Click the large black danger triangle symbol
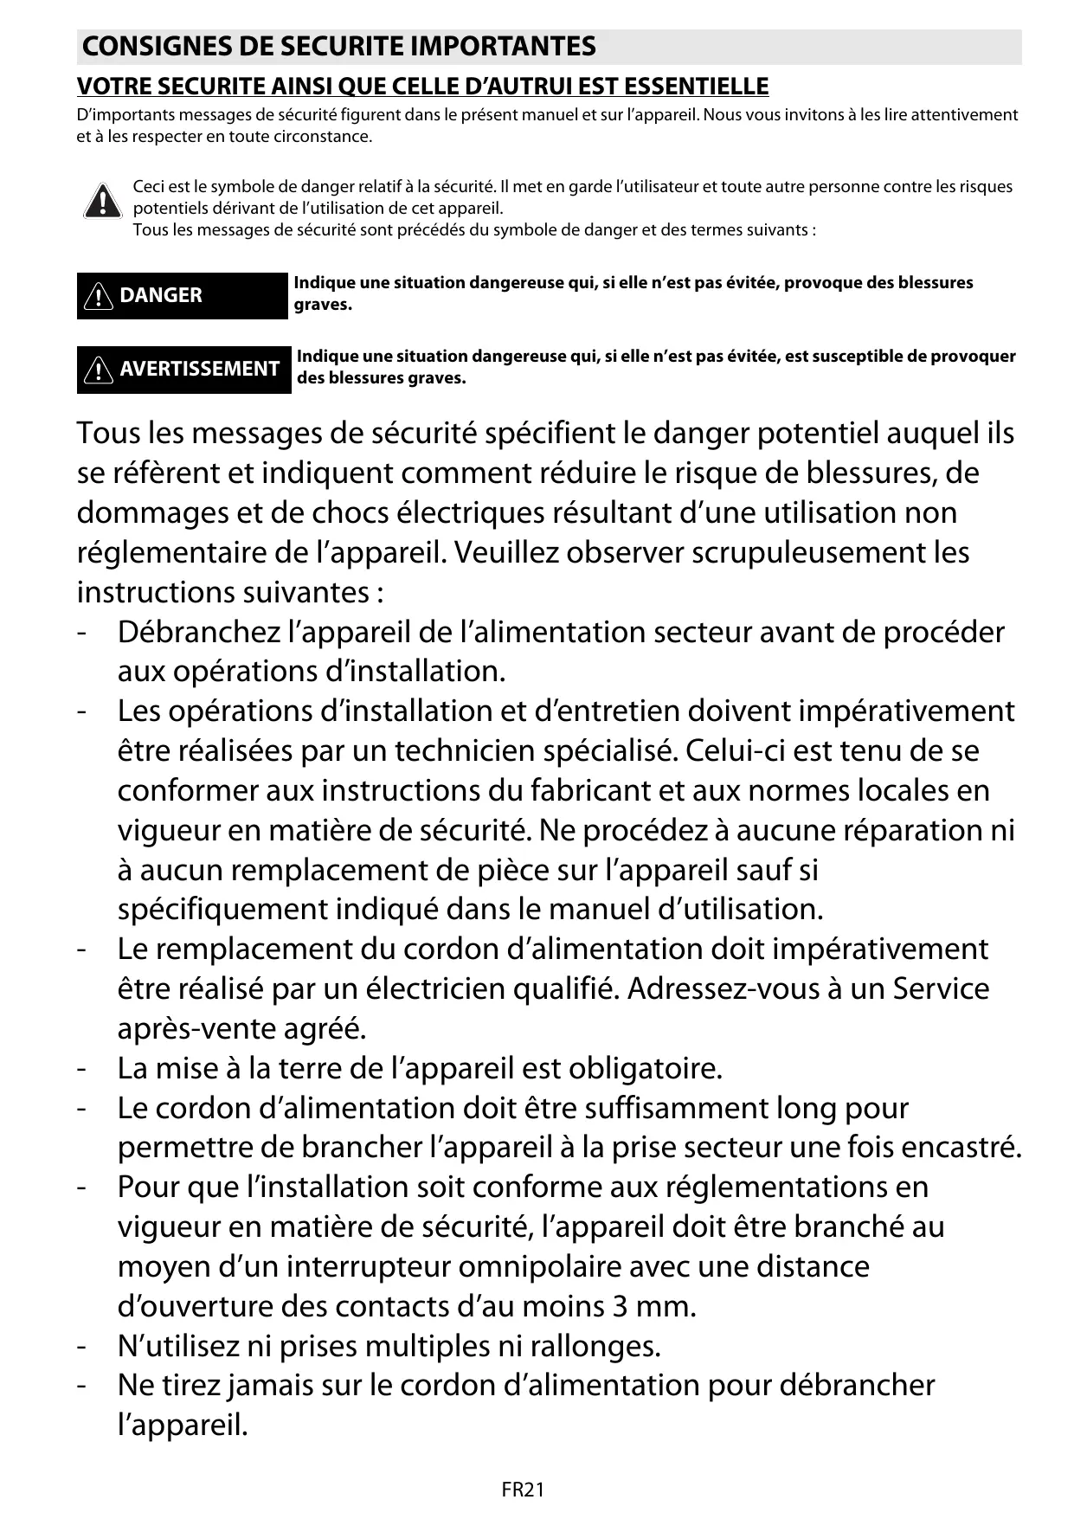pos(102,202)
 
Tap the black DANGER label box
pos(182,295)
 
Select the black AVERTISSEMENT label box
pos(183,369)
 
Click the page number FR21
pos(523,1490)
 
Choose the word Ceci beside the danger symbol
pos(147,187)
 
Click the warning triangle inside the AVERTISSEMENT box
pos(100,370)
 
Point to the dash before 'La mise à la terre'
pos(80,1068)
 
